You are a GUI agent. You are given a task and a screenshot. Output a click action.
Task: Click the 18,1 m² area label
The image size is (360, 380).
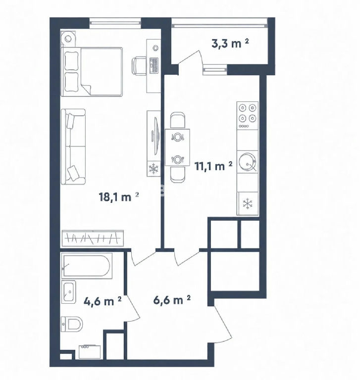coord(119,196)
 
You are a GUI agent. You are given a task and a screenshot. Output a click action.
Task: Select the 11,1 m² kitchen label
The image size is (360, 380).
coord(213,166)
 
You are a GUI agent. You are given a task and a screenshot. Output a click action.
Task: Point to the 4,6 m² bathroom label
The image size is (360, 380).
coord(103,301)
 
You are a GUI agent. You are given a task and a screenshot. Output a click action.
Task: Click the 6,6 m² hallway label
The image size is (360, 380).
coord(172,300)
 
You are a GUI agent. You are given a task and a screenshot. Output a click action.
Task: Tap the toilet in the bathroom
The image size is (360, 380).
coord(72,324)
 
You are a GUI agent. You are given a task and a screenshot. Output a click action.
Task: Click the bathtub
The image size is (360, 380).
coord(87,266)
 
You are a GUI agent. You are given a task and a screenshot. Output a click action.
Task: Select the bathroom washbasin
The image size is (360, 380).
coord(69,292)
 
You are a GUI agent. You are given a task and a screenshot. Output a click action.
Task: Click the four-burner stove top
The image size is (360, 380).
coord(248,116)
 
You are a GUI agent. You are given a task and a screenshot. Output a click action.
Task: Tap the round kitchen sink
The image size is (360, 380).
coord(247,162)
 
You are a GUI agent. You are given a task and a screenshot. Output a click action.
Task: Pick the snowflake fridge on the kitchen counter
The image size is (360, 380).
coord(248,203)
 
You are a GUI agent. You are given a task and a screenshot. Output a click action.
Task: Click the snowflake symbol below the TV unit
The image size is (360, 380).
coord(154,169)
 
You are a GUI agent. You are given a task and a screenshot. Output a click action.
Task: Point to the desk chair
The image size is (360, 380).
coord(139,65)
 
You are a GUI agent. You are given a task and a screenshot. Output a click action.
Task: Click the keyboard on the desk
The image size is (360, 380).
coord(154,65)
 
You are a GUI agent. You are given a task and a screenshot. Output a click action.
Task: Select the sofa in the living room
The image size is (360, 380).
coord(73,146)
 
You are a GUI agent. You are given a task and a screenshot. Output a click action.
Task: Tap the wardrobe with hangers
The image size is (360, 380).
coord(93,238)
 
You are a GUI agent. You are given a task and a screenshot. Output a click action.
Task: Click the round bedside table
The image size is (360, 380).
coord(68,38)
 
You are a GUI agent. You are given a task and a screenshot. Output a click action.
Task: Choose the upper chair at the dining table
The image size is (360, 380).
coord(178,120)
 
